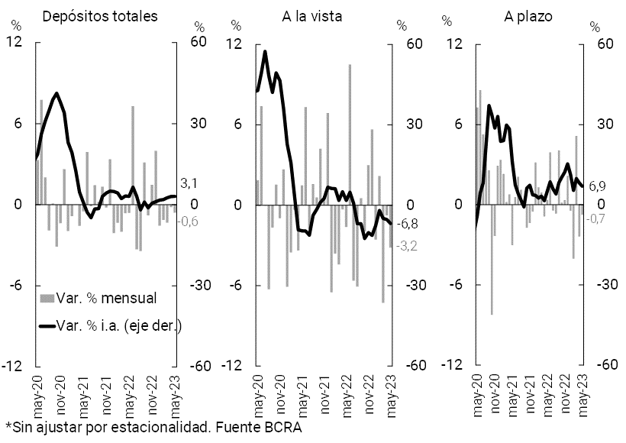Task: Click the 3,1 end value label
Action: click(x=189, y=184)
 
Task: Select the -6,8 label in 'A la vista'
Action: click(x=409, y=224)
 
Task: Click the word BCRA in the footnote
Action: click(x=282, y=427)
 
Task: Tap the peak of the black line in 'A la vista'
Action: click(x=265, y=51)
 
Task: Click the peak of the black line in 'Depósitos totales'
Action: click(x=56, y=93)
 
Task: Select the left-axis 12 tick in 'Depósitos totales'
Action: click(x=15, y=44)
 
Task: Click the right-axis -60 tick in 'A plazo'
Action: click(x=595, y=365)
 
